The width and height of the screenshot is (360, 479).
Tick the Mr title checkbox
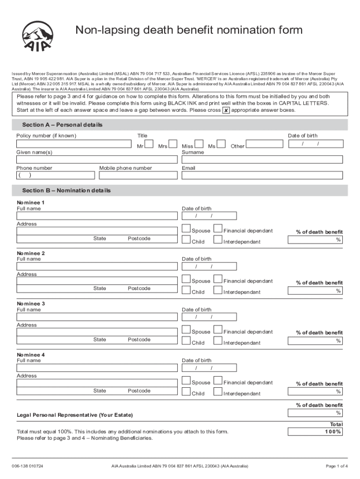(x=150, y=145)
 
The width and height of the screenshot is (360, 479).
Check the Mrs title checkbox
(x=173, y=145)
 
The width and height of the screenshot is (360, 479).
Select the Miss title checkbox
(x=199, y=145)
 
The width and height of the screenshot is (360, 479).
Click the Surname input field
(x=262, y=160)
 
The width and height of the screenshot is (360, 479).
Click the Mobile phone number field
(x=137, y=175)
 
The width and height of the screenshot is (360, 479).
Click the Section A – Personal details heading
(x=62, y=125)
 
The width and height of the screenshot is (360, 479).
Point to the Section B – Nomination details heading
(x=66, y=191)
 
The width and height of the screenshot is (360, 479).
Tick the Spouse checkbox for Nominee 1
(x=187, y=229)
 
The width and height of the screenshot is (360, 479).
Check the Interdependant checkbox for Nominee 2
(x=218, y=290)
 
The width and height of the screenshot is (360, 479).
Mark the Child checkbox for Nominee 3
(x=187, y=341)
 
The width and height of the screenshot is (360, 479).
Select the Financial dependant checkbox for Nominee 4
(x=218, y=381)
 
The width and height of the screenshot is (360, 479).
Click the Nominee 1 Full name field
(x=97, y=216)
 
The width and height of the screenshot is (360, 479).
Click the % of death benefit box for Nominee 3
(x=315, y=341)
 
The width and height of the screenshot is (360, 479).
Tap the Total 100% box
(x=315, y=432)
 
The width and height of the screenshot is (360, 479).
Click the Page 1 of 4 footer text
(x=336, y=466)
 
